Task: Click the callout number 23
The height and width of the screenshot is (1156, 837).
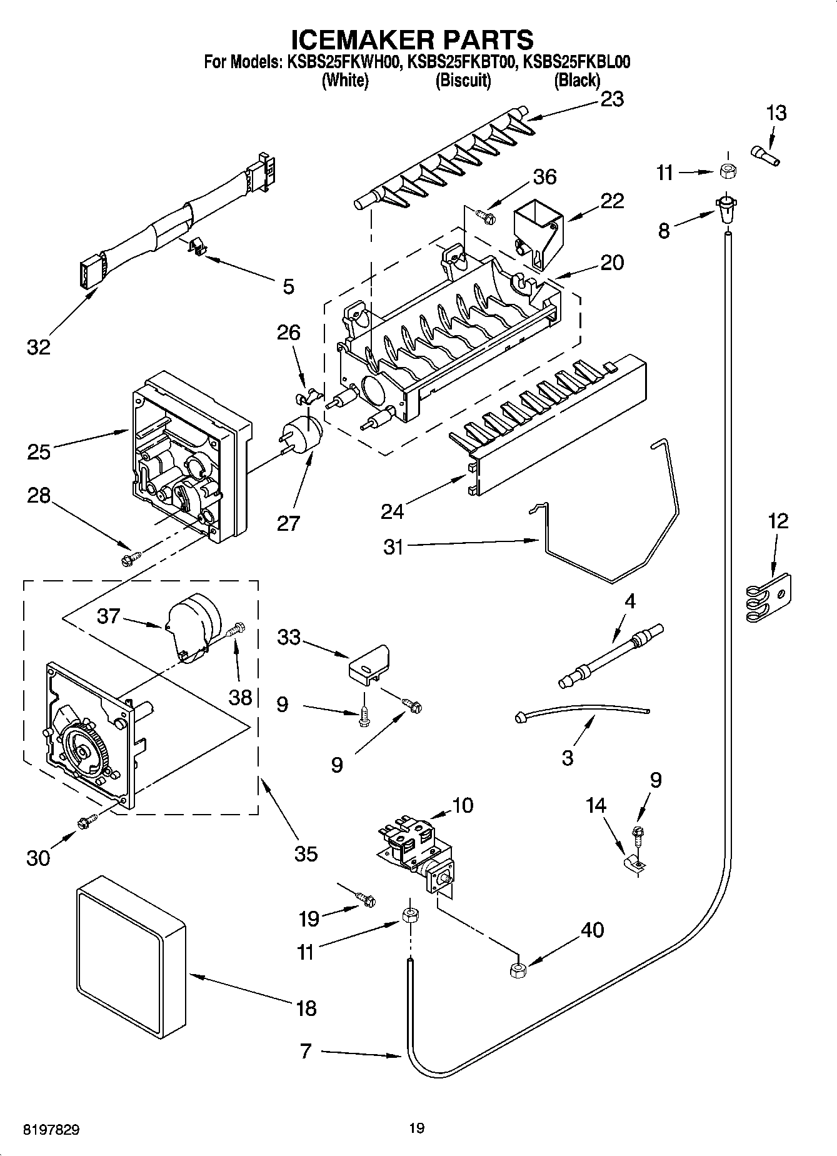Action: pyautogui.click(x=611, y=99)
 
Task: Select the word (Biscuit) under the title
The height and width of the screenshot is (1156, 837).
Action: pyautogui.click(x=463, y=80)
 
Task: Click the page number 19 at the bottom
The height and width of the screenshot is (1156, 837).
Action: pyautogui.click(x=417, y=1128)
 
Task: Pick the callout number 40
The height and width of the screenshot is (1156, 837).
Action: pyautogui.click(x=592, y=930)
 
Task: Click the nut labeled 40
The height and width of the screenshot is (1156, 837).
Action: pyautogui.click(x=518, y=970)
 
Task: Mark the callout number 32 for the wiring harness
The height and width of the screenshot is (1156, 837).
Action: pyautogui.click(x=38, y=346)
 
